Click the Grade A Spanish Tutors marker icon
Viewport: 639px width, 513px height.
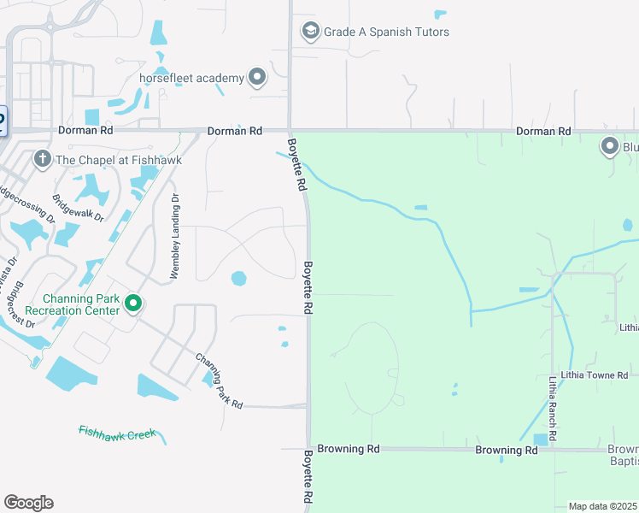point(310,32)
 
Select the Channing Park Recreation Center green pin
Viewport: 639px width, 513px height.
point(133,303)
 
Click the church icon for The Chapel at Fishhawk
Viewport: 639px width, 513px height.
point(42,159)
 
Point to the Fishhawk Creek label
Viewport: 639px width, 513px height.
point(117,433)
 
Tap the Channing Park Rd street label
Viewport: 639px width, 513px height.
point(219,380)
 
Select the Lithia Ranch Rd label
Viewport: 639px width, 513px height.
point(553,411)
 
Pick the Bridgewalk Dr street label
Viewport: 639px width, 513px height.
point(78,209)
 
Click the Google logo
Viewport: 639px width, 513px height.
point(28,503)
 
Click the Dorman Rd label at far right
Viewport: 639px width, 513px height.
point(543,131)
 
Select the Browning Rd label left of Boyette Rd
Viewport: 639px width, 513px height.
point(348,448)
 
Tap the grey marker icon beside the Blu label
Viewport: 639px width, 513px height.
point(610,146)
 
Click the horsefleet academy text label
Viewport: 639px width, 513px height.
point(191,79)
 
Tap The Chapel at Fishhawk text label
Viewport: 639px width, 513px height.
point(119,160)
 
